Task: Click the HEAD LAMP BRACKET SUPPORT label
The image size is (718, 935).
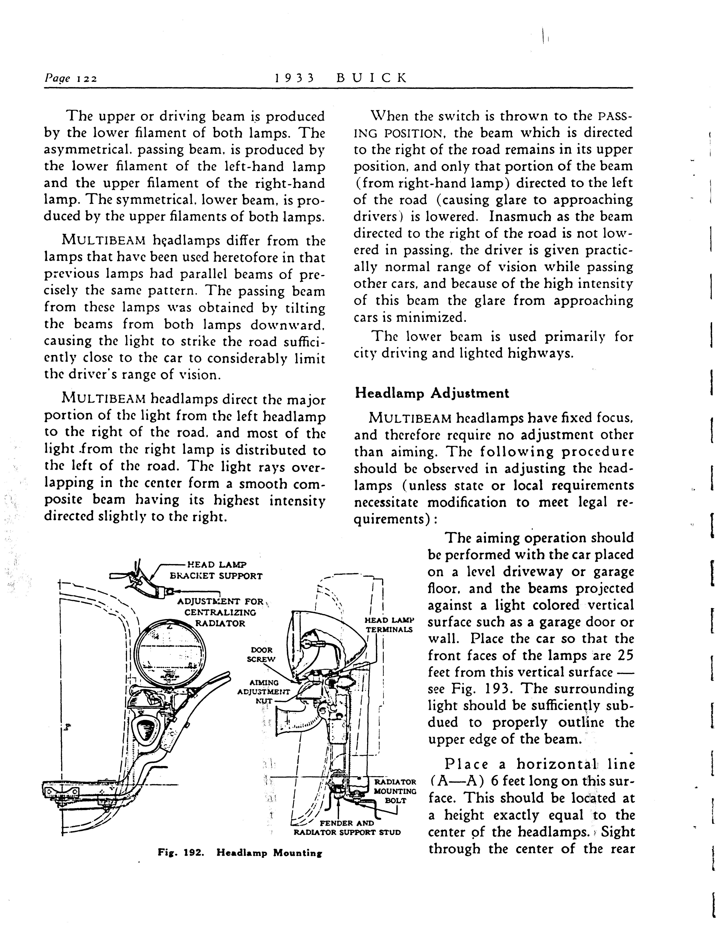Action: click(216, 570)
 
